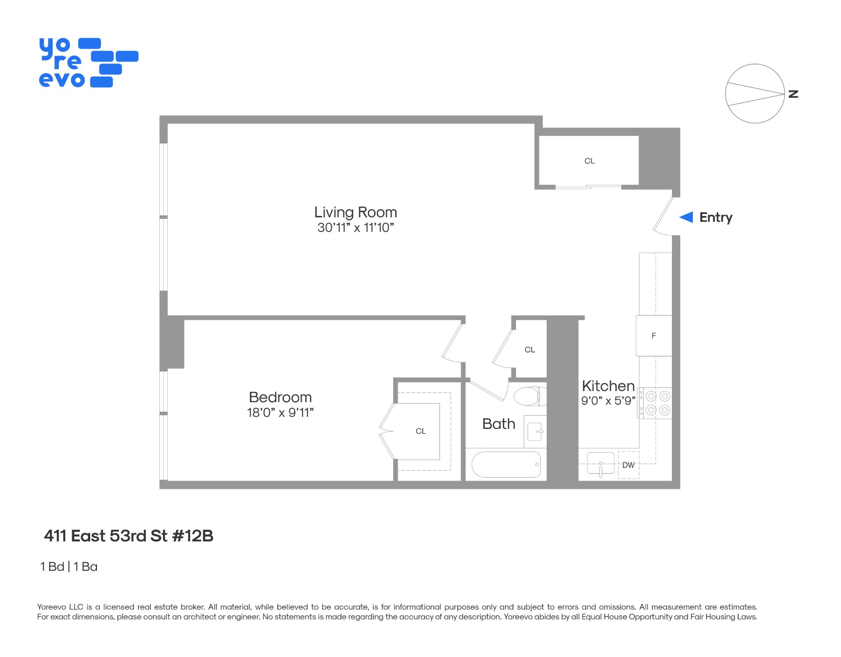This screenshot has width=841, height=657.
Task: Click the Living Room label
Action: (x=355, y=213)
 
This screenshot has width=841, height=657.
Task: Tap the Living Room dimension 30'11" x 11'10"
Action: (x=355, y=228)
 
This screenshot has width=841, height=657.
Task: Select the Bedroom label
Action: (x=280, y=397)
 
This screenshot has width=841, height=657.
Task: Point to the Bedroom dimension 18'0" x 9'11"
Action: (x=280, y=413)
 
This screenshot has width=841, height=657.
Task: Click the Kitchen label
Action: (x=608, y=386)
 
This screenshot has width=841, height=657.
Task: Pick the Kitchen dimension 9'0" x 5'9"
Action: (x=608, y=401)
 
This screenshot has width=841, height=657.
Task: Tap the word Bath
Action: (x=498, y=424)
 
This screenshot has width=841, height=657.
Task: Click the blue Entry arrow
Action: (x=687, y=217)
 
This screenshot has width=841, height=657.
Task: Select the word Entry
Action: (x=716, y=217)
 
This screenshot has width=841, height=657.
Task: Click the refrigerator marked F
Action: (x=654, y=336)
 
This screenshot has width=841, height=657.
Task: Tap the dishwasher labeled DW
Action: (x=629, y=465)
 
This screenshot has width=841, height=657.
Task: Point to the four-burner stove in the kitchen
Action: (x=656, y=403)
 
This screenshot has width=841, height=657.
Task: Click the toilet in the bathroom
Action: (x=530, y=396)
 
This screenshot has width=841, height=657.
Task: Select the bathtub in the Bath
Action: (x=506, y=464)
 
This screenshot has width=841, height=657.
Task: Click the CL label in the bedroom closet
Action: (x=421, y=431)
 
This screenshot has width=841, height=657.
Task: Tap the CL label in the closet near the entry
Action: (x=590, y=161)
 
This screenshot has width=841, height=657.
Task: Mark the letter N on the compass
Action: (x=794, y=94)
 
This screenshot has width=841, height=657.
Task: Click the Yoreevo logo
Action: (x=88, y=63)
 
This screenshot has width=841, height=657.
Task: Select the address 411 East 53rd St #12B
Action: (x=129, y=536)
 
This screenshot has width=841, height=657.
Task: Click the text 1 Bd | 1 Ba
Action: (x=69, y=567)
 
